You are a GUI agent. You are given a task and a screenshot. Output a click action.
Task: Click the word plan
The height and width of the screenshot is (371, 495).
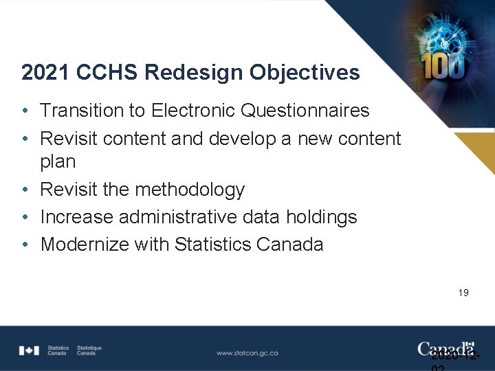point(58,162)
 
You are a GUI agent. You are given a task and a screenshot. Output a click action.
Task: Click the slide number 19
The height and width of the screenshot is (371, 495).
point(463,293)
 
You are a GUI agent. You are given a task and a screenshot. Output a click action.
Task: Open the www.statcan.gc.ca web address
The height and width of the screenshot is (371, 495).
point(247,352)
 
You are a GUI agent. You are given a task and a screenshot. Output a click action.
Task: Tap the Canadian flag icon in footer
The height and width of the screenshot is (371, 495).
point(30,350)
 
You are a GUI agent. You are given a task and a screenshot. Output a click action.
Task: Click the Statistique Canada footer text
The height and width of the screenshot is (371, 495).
point(89,350)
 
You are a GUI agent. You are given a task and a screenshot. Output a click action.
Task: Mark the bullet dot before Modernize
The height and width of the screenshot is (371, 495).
point(25,245)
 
